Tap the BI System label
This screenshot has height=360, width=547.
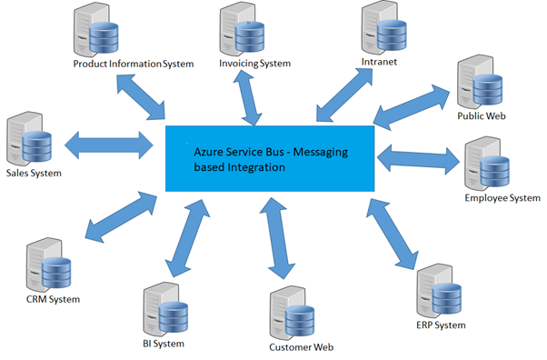pyautogui.click(x=164, y=344)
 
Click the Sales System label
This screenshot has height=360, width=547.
pyautogui.click(x=34, y=172)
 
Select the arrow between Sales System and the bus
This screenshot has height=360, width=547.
pyautogui.click(x=109, y=144)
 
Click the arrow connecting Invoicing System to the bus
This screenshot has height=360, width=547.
pyautogui.click(x=248, y=98)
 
